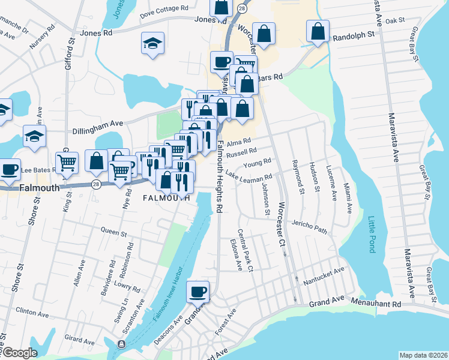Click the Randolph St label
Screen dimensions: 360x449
[354, 35]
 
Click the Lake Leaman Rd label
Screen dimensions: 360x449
[249, 177]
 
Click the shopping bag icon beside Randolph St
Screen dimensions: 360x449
[318, 31]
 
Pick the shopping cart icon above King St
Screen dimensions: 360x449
[67, 161]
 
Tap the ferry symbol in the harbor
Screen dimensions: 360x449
[121, 344]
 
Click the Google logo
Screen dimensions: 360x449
[20, 353]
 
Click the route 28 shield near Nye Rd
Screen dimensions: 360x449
[95, 182]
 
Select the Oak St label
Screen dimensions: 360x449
[396, 20]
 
